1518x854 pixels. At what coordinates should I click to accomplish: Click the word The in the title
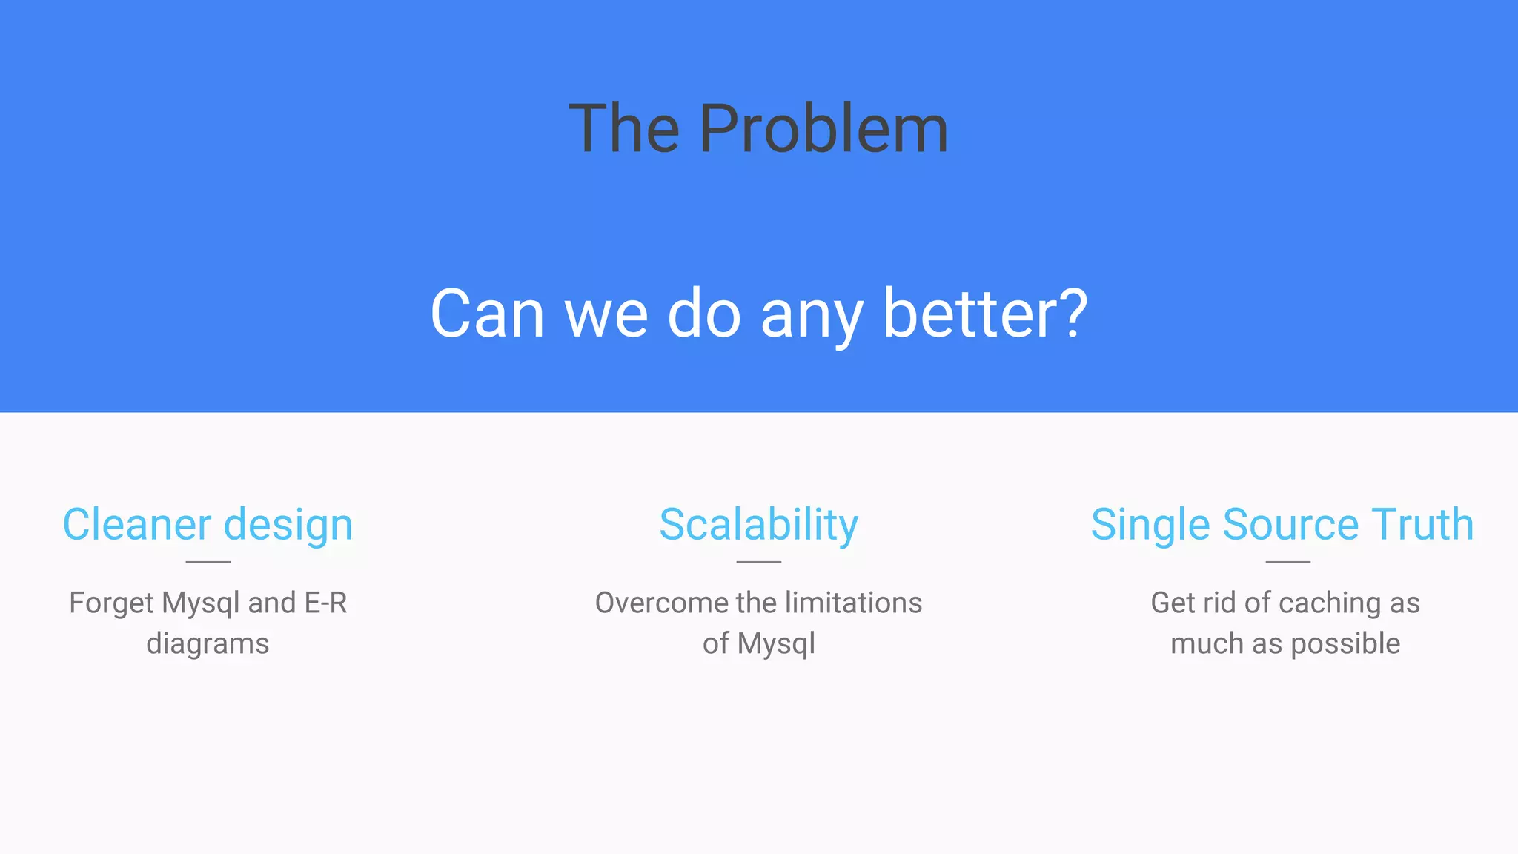624,130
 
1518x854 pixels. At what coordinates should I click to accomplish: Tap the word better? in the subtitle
985,314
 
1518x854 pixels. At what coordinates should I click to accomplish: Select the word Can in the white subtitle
487,314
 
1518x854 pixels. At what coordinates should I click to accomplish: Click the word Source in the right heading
1290,525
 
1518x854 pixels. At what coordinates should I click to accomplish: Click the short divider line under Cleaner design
208,562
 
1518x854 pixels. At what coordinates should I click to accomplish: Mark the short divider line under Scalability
758,562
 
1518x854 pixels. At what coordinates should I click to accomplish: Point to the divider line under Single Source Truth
1287,562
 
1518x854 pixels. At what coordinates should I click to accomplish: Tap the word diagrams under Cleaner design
208,644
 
